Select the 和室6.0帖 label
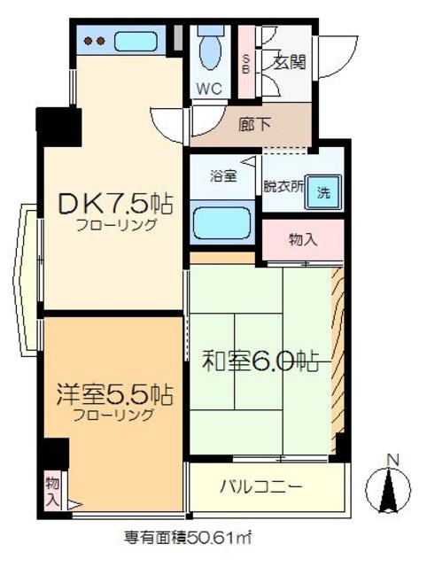click(262, 361)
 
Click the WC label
click(210, 89)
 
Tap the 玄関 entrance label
click(289, 62)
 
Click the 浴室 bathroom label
click(222, 175)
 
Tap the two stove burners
click(95, 41)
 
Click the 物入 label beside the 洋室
click(52, 491)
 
